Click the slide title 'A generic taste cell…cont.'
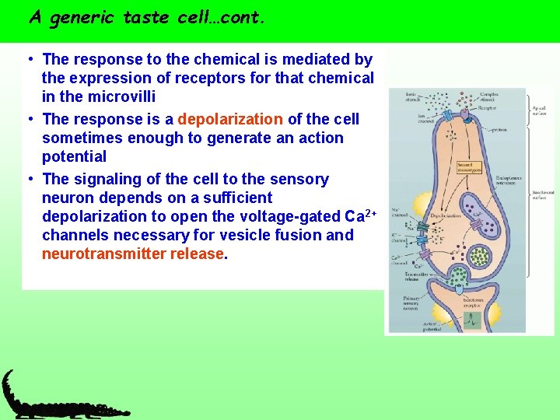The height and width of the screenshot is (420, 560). [147, 17]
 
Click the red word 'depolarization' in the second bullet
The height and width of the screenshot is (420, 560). [230, 119]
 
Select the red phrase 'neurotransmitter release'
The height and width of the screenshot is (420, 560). [132, 254]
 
